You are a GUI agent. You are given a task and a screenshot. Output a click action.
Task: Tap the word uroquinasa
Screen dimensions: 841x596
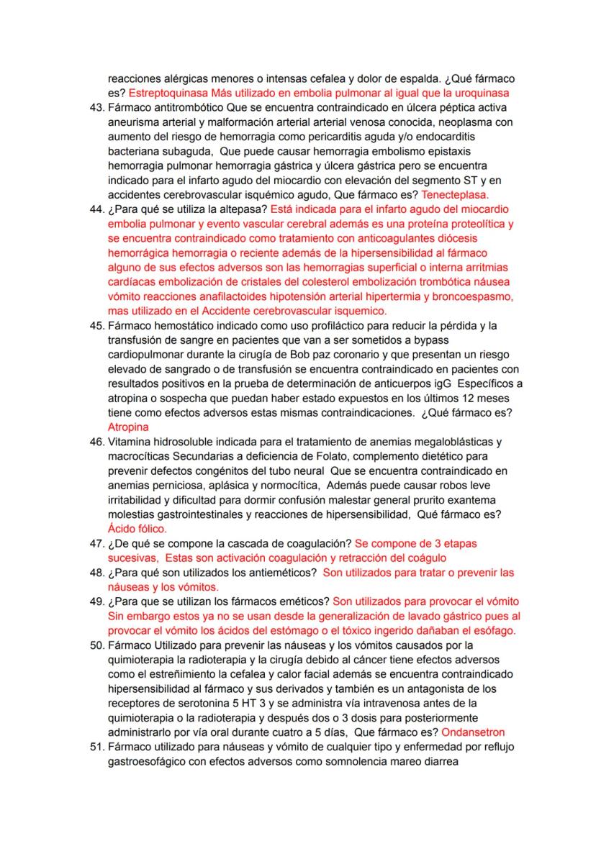click(x=483, y=94)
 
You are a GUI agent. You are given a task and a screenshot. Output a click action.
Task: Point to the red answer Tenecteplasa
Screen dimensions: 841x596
click(x=455, y=194)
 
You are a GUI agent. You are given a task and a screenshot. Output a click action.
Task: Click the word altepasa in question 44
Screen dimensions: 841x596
click(x=245, y=209)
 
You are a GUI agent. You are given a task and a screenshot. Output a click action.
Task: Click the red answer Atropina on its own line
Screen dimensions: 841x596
click(x=127, y=427)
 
